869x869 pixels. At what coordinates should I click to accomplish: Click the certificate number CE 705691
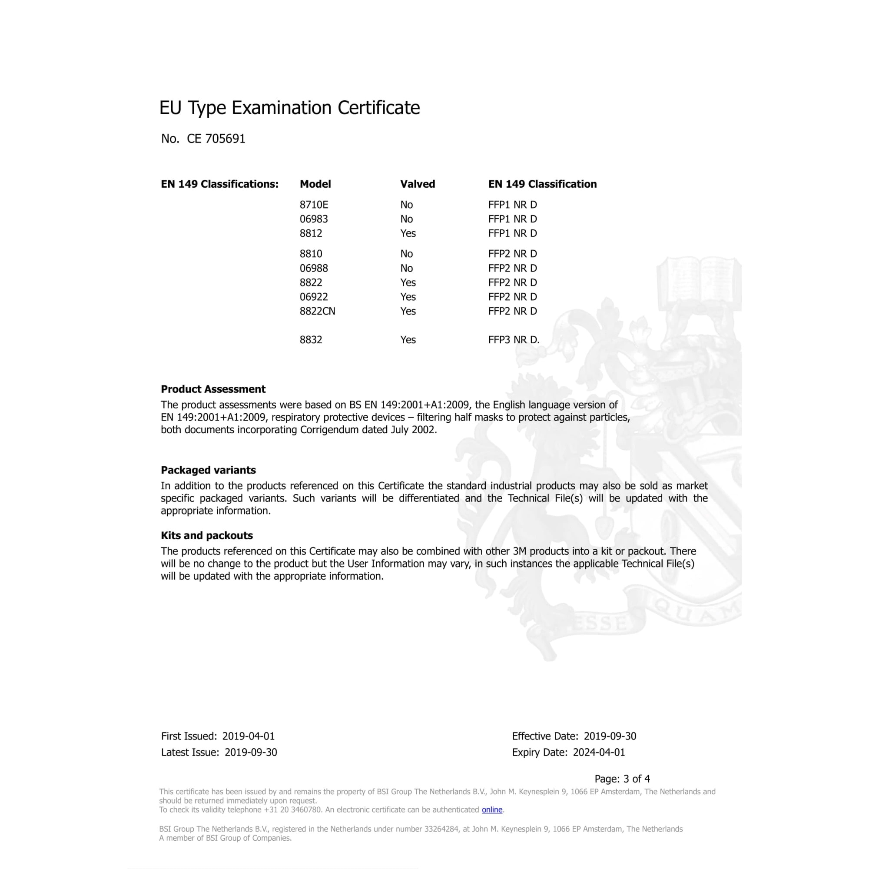click(x=216, y=139)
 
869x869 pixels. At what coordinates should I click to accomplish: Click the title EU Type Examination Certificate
click(x=289, y=108)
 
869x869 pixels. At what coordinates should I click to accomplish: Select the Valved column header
click(x=418, y=184)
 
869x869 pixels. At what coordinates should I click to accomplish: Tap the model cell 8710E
click(x=314, y=205)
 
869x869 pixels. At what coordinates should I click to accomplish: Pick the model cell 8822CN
click(x=317, y=311)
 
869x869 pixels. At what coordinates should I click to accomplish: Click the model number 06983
click(x=314, y=219)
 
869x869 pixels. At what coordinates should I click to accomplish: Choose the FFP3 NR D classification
click(x=513, y=340)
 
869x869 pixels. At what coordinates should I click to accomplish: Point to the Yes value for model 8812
click(x=408, y=233)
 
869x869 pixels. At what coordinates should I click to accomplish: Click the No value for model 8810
click(x=406, y=254)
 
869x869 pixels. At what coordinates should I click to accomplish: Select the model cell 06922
click(x=314, y=297)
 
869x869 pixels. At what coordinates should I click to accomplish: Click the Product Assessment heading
click(x=213, y=389)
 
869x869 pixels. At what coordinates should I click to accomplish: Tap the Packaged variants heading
click(x=208, y=470)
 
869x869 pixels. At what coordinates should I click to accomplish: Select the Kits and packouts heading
click(x=206, y=535)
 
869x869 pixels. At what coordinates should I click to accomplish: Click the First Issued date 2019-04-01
click(x=248, y=736)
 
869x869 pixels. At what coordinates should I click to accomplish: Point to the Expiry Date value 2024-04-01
click(x=599, y=753)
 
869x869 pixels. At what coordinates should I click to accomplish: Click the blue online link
click(x=491, y=809)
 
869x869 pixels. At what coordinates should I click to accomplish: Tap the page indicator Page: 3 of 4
click(x=622, y=779)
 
